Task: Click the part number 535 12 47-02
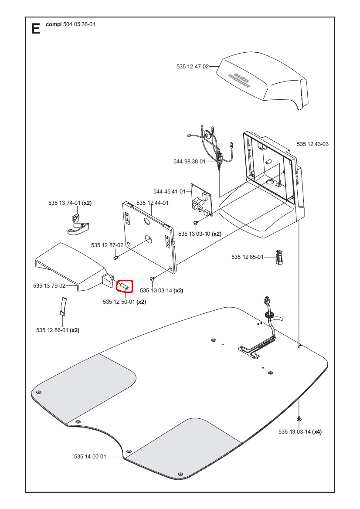tap(192, 67)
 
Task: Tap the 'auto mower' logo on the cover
tap(240, 78)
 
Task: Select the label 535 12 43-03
tap(312, 144)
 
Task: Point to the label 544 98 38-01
tap(189, 162)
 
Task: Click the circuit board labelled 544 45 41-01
tap(200, 200)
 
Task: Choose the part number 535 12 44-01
tap(152, 203)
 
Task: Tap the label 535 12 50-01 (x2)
tap(124, 302)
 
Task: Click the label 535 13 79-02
tap(49, 286)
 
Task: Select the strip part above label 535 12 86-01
tap(63, 306)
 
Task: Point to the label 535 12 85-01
tap(247, 257)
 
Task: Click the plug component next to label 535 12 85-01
tap(279, 257)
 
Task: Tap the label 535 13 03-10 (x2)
tap(200, 234)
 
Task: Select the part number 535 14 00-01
tap(90, 457)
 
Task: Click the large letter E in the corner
tap(36, 29)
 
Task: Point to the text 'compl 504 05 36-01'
tap(70, 25)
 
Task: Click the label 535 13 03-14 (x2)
tap(161, 290)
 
